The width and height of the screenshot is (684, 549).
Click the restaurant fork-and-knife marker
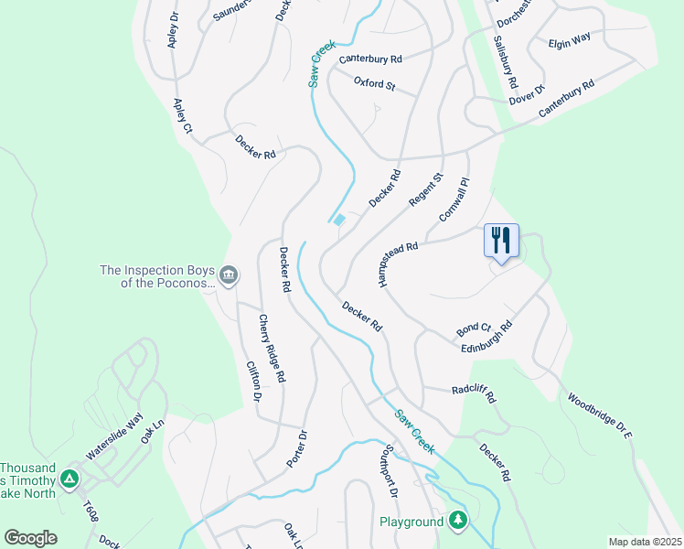(x=501, y=241)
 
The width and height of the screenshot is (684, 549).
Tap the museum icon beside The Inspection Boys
(x=229, y=274)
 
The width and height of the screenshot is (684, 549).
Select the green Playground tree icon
(x=457, y=522)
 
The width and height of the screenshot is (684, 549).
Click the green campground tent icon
(x=69, y=479)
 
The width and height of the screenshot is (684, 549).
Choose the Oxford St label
(x=374, y=85)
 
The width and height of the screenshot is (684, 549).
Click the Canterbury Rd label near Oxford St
(x=370, y=59)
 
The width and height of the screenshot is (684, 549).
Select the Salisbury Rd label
(x=505, y=57)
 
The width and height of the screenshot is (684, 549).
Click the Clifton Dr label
(x=254, y=381)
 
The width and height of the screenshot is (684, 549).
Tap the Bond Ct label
(x=474, y=328)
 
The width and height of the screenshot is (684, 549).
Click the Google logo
(x=30, y=538)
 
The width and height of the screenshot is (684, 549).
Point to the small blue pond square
(x=339, y=220)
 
